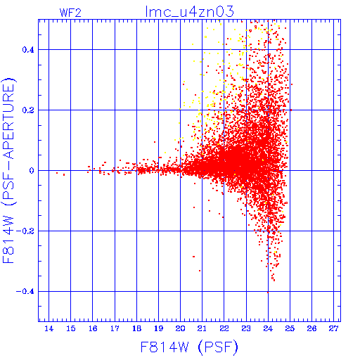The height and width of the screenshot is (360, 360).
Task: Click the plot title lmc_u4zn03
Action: click(189, 12)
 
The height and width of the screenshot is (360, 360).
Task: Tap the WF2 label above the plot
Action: click(70, 13)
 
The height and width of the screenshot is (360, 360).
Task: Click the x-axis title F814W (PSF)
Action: click(189, 347)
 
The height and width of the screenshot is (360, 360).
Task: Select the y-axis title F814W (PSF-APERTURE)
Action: click(8, 170)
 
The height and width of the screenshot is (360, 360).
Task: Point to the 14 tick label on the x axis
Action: click(49, 328)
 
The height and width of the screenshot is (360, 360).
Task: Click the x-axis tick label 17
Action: click(115, 328)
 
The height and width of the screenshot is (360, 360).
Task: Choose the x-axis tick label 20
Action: click(181, 328)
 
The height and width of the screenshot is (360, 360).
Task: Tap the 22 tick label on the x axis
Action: click(224, 328)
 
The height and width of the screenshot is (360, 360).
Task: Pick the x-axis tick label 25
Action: click(290, 328)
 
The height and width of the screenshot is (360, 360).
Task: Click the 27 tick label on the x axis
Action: click(334, 328)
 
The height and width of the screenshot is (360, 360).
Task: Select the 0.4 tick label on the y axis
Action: click(28, 50)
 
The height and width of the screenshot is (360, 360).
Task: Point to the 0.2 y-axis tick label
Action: click(28, 110)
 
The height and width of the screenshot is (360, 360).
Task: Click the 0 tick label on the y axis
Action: click(32, 171)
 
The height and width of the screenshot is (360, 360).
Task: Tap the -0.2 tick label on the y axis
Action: click(25, 231)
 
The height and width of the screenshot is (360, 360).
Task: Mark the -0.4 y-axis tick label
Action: click(25, 292)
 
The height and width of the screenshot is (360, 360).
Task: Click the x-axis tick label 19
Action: click(159, 328)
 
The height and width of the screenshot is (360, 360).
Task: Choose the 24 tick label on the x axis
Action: click(268, 328)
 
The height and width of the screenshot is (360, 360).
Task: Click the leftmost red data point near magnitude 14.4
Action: click(57, 173)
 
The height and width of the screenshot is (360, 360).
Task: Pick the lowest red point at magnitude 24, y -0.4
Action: click(268, 292)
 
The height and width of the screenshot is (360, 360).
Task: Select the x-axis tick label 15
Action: click(71, 328)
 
